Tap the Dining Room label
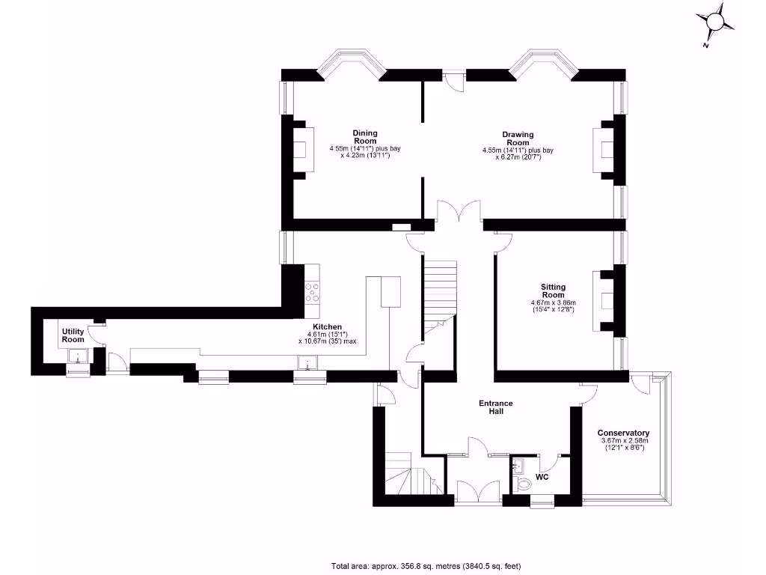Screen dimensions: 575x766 (365, 137)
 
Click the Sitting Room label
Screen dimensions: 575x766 (554, 290)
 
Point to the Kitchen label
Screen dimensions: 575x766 (328, 327)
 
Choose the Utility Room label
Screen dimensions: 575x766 (73, 335)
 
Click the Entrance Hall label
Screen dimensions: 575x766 (495, 407)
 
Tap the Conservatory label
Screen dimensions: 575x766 (623, 433)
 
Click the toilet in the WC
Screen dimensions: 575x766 (523, 483)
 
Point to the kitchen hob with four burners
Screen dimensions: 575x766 (313, 291)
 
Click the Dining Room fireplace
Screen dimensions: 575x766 (303, 147)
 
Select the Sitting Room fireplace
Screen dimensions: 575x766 (604, 301)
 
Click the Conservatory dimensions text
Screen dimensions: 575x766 (623, 444)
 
